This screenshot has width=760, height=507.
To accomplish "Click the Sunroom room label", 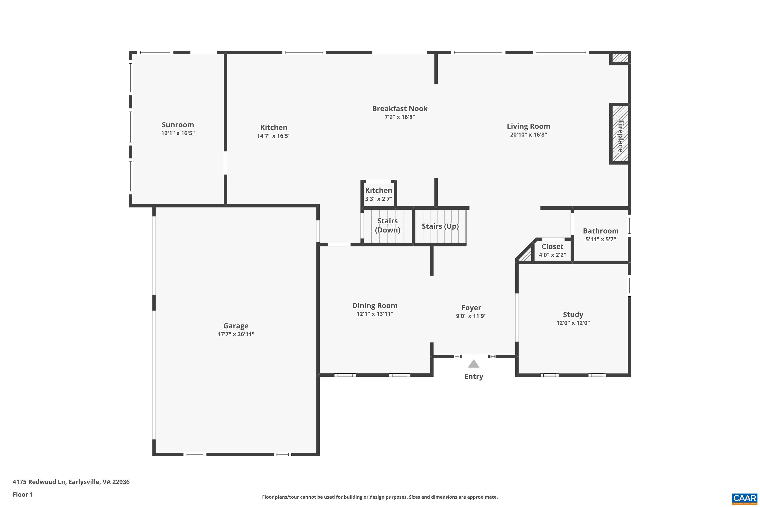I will tap(178, 125).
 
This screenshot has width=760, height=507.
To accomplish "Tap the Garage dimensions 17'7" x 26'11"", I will tap(236, 334).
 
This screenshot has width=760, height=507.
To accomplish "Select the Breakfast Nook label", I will tap(400, 109).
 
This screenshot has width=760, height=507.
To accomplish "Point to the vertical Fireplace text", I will tap(620, 136).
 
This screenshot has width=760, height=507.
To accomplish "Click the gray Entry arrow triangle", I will tap(473, 364).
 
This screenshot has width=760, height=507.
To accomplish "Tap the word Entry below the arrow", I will tap(473, 376).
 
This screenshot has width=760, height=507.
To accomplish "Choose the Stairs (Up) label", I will tap(440, 226).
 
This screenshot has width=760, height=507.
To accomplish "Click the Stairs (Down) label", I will tap(387, 225).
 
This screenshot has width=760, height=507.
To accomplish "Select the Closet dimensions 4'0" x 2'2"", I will tap(552, 255).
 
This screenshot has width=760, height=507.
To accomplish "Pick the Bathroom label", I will tap(600, 231).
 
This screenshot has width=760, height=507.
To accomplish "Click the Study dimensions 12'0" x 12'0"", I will tap(573, 323).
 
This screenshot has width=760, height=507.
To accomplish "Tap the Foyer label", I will tap(471, 307).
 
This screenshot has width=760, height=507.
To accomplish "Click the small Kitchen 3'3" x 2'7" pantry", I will tap(378, 194).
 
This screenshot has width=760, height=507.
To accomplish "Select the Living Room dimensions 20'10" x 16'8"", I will tap(528, 135).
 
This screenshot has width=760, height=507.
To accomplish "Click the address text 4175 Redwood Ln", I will tap(71, 482).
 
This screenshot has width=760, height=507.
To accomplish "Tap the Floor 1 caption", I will tap(23, 494).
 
